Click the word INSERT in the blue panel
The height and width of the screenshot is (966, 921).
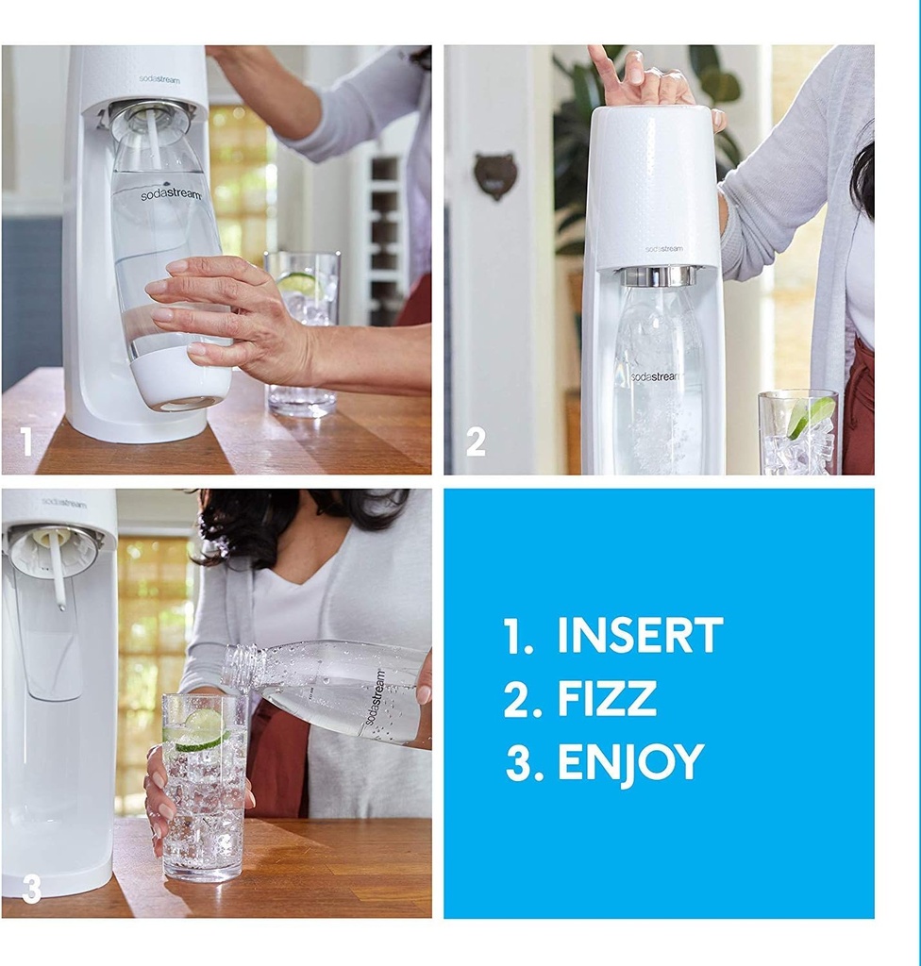click(640, 636)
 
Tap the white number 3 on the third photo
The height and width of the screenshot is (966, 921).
click(31, 889)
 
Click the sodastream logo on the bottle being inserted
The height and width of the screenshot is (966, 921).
click(171, 195)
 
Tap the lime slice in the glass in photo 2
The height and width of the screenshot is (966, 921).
click(811, 415)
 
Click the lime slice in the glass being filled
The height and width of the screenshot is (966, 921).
click(202, 728)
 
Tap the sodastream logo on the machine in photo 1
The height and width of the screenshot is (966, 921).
click(159, 79)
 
